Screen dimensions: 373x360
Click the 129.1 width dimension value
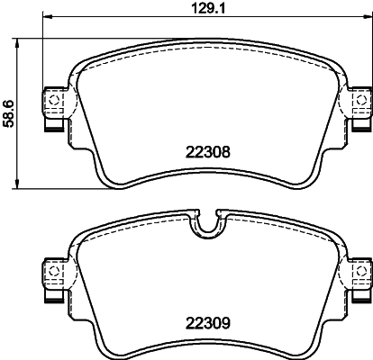point(208,8)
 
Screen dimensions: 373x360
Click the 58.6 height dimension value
point(9,114)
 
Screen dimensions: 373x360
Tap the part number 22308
point(208,152)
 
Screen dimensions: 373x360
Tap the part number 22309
point(208,323)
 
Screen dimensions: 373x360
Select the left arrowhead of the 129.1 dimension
point(48,16)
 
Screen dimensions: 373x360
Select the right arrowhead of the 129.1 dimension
point(368,16)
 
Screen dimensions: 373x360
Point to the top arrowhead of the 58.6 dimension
point(17,43)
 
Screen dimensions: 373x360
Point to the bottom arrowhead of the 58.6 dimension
point(17,184)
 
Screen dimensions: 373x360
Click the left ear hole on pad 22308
point(54,100)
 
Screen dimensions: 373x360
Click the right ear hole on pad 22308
point(361,100)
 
